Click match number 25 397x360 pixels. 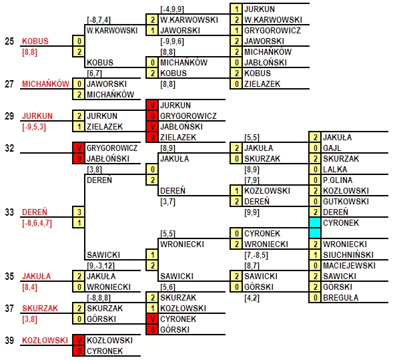[x=9, y=41]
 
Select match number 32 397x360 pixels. [x=9, y=148]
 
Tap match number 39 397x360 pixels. [x=9, y=341]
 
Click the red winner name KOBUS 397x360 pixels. [x=35, y=41]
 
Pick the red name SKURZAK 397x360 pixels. [x=40, y=309]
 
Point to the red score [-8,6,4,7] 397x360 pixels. [x=37, y=223]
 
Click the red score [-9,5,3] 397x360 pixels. [x=34, y=127]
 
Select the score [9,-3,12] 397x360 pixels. [x=101, y=266]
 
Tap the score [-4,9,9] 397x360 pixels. [x=172, y=9]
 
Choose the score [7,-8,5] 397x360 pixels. [x=256, y=255]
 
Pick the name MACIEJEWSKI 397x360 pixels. [x=349, y=265]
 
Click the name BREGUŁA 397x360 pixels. [x=340, y=298]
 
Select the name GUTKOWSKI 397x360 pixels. [x=346, y=201]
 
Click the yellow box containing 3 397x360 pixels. [x=79, y=212]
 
